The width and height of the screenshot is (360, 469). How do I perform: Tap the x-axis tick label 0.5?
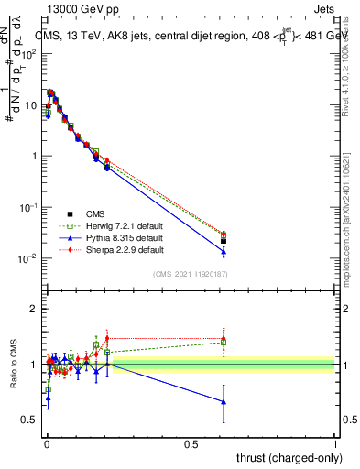191,443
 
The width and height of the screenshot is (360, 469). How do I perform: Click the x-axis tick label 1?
335,443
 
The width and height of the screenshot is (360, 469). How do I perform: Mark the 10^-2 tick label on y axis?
27,258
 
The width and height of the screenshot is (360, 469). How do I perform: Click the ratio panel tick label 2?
33,309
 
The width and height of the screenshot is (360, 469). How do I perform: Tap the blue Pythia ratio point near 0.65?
224,402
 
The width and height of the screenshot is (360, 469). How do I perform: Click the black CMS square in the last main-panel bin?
224,241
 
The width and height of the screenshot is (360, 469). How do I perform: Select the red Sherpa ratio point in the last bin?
224,337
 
